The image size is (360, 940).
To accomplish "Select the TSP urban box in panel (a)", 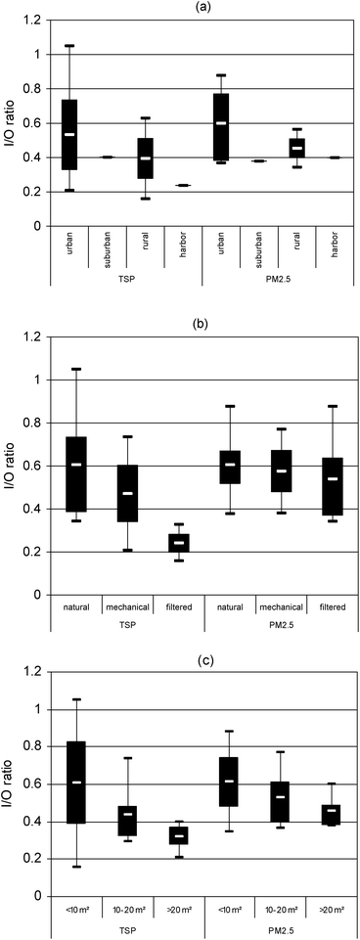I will click(69, 134).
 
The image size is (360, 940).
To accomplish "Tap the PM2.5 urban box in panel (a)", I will click(221, 126).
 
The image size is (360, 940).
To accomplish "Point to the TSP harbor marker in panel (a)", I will click(183, 185).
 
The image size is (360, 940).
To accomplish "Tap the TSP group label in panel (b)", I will click(127, 625).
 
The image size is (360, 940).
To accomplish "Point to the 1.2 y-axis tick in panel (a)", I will click(35, 21).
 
